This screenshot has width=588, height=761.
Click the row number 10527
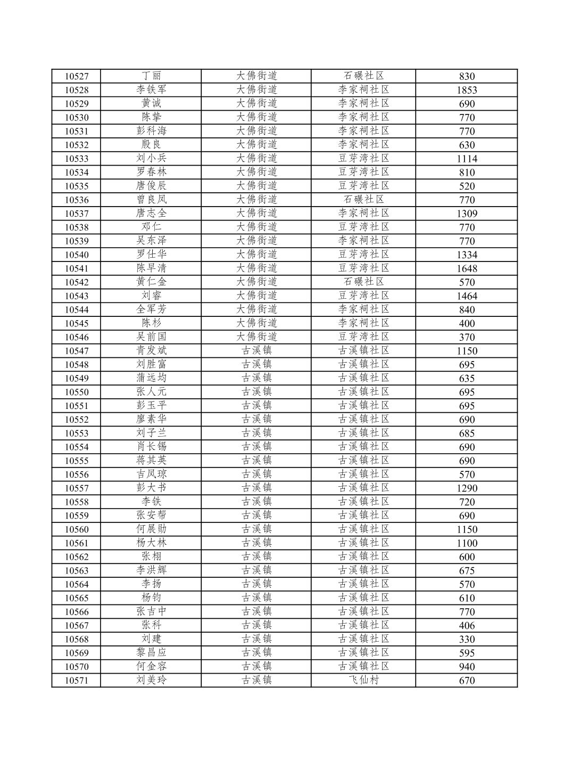[x=77, y=76]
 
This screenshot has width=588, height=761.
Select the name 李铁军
[x=151, y=89]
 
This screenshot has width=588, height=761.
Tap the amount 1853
[x=467, y=90]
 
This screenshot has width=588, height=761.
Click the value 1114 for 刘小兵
[x=467, y=159]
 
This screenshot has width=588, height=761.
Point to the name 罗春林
[x=151, y=172]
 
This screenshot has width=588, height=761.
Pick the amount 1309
[x=467, y=214]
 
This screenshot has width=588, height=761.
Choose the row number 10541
[x=77, y=268]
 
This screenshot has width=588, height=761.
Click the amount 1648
[x=467, y=268]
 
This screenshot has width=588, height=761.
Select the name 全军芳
[x=151, y=309]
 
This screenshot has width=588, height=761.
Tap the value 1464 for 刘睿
[x=467, y=296]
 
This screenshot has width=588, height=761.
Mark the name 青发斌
[x=151, y=350]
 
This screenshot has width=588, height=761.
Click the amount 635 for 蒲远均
[x=467, y=379]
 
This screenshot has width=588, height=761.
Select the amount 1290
[x=467, y=488]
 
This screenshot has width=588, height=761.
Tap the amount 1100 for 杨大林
[x=467, y=543]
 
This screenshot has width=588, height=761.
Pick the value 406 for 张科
[x=467, y=626]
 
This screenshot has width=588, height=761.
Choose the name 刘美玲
[x=151, y=680]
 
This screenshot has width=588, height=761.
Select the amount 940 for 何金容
[x=467, y=667]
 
